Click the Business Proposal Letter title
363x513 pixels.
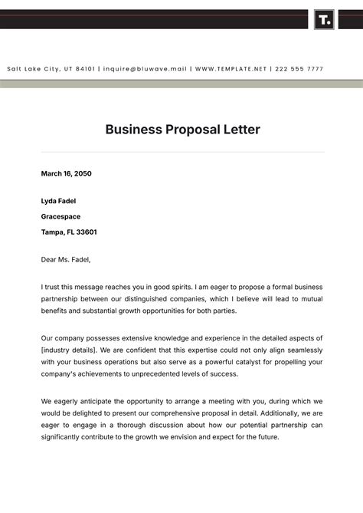click(182, 130)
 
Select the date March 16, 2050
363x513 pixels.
click(66, 173)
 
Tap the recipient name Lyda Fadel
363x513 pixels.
click(58, 201)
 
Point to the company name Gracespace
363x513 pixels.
click(60, 216)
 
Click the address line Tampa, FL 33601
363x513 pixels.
click(69, 232)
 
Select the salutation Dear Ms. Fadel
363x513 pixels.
click(65, 259)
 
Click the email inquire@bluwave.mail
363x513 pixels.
click(145, 69)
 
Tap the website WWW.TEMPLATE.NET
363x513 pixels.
click(231, 69)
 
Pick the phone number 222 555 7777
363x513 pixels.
click(299, 69)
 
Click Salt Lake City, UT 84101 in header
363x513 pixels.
click(51, 69)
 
